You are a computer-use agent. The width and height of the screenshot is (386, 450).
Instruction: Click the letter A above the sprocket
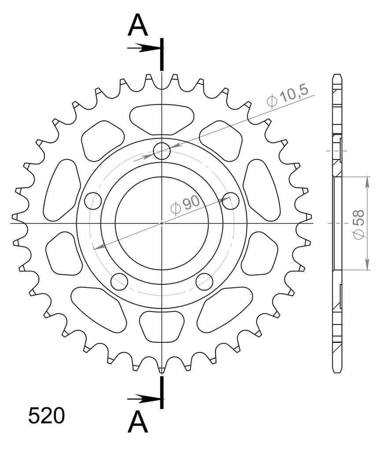click(138, 25)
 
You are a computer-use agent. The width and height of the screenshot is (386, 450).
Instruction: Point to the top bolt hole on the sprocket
click(162, 151)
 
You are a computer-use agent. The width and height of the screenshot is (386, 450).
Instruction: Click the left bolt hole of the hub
click(93, 201)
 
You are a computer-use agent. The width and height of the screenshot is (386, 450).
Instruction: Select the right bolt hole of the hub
click(231, 201)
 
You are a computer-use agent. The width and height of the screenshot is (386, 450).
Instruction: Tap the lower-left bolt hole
click(119, 282)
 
